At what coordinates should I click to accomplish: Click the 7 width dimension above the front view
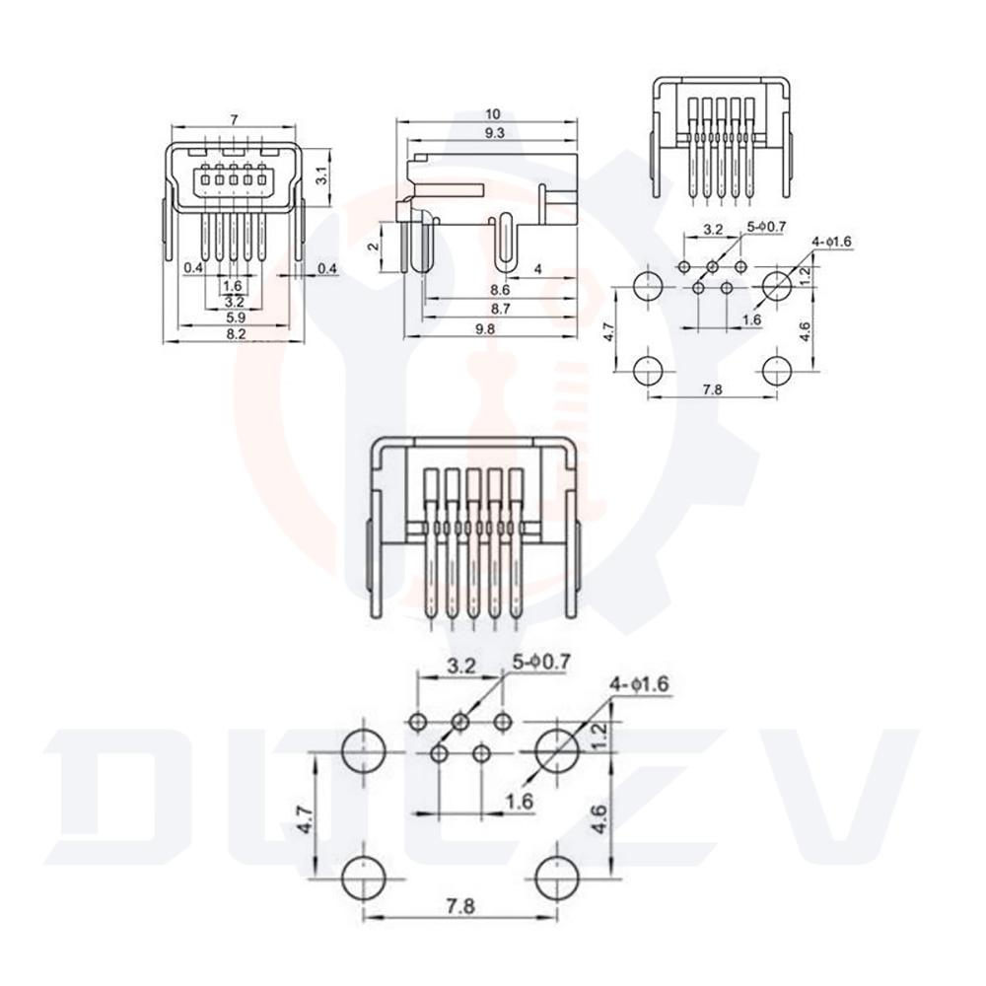pos(234,119)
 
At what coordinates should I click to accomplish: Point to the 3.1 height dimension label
pos(320,177)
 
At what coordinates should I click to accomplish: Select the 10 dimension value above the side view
pos(493,114)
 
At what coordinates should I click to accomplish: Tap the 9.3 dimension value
pos(495,133)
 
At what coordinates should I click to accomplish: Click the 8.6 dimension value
pos(500,290)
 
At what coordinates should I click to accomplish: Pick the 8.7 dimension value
pos(500,309)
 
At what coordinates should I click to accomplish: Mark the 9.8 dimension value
pos(484,328)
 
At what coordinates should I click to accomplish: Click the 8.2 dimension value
pos(236,334)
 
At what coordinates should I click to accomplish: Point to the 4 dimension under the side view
pos(537,269)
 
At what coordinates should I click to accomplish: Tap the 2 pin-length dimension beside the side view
pos(374,246)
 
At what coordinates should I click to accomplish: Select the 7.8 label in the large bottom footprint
pos(460,906)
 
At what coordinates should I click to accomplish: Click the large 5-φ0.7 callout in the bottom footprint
pos(541,662)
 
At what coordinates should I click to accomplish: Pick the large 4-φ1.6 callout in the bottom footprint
pos(640,683)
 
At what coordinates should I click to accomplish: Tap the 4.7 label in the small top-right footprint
pos(608,332)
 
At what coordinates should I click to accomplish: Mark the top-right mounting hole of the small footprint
pos(777,286)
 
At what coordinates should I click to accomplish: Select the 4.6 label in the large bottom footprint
pos(599,819)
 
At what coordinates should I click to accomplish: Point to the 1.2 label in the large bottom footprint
pos(599,736)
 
